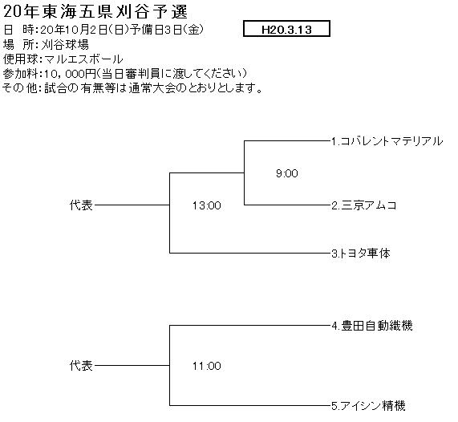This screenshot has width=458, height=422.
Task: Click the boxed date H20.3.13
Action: click(286, 29)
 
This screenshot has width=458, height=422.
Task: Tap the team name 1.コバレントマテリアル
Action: click(387, 141)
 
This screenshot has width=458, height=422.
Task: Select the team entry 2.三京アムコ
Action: click(364, 205)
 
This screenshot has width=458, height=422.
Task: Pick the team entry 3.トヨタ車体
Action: click(361, 254)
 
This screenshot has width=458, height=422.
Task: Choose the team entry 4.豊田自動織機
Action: click(372, 326)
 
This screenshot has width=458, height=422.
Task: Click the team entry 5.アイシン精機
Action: click(368, 406)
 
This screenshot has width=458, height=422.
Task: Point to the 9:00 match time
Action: click(287, 173)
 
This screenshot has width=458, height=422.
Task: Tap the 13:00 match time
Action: click(206, 205)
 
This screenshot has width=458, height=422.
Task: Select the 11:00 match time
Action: click(206, 366)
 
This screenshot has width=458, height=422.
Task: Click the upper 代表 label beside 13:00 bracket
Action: click(81, 205)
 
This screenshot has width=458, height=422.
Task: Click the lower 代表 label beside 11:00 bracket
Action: click(81, 366)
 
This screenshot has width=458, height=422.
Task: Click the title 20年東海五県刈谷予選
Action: click(95, 12)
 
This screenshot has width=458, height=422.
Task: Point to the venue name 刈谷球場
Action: click(65, 45)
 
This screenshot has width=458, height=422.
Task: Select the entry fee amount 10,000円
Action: click(70, 74)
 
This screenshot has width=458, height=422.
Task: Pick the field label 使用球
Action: click(20, 59)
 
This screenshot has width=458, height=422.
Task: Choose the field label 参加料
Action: click(20, 74)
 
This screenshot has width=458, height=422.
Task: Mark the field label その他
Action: click(20, 88)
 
